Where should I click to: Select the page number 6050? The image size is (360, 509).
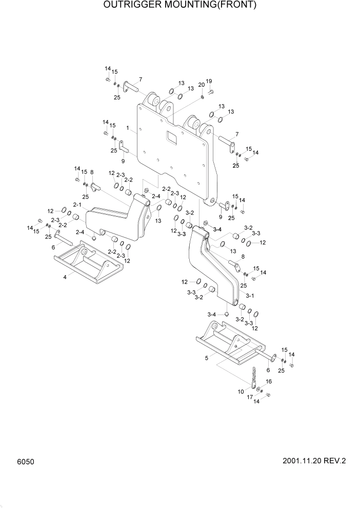coord(26,462)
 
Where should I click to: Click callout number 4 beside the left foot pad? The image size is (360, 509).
coord(65,277)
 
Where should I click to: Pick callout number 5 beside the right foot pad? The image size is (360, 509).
coord(207,358)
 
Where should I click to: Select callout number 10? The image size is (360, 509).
coord(241,391)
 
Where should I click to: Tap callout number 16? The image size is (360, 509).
coord(268,382)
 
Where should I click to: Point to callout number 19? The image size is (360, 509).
coord(209,82)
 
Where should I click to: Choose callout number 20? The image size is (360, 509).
coord(201,85)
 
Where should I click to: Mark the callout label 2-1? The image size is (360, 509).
coord(77,205)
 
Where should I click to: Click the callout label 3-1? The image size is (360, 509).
coord(250,296)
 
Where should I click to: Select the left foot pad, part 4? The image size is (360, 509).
coord(87,265)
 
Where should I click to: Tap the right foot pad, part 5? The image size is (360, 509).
coord(231,347)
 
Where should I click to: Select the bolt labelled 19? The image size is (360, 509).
coord(210,92)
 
